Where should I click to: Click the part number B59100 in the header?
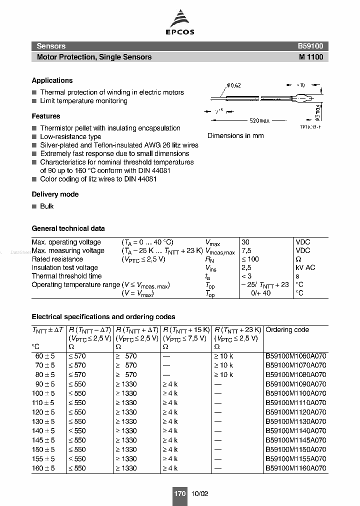click(310, 46)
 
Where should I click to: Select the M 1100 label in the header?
click(311, 57)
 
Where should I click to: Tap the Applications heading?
click(52, 80)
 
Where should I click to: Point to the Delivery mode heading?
click(55, 194)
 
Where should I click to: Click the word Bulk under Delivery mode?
click(47, 206)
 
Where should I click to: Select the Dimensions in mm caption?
click(235, 135)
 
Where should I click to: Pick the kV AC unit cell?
click(305, 267)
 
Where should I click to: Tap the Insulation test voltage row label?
click(65, 267)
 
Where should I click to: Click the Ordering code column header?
click(287, 330)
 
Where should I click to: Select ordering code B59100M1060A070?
click(295, 356)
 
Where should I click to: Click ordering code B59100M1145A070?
click(295, 440)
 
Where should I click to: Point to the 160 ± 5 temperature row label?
click(43, 468)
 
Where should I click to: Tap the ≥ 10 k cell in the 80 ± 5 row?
click(223, 374)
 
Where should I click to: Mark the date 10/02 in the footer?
click(199, 493)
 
